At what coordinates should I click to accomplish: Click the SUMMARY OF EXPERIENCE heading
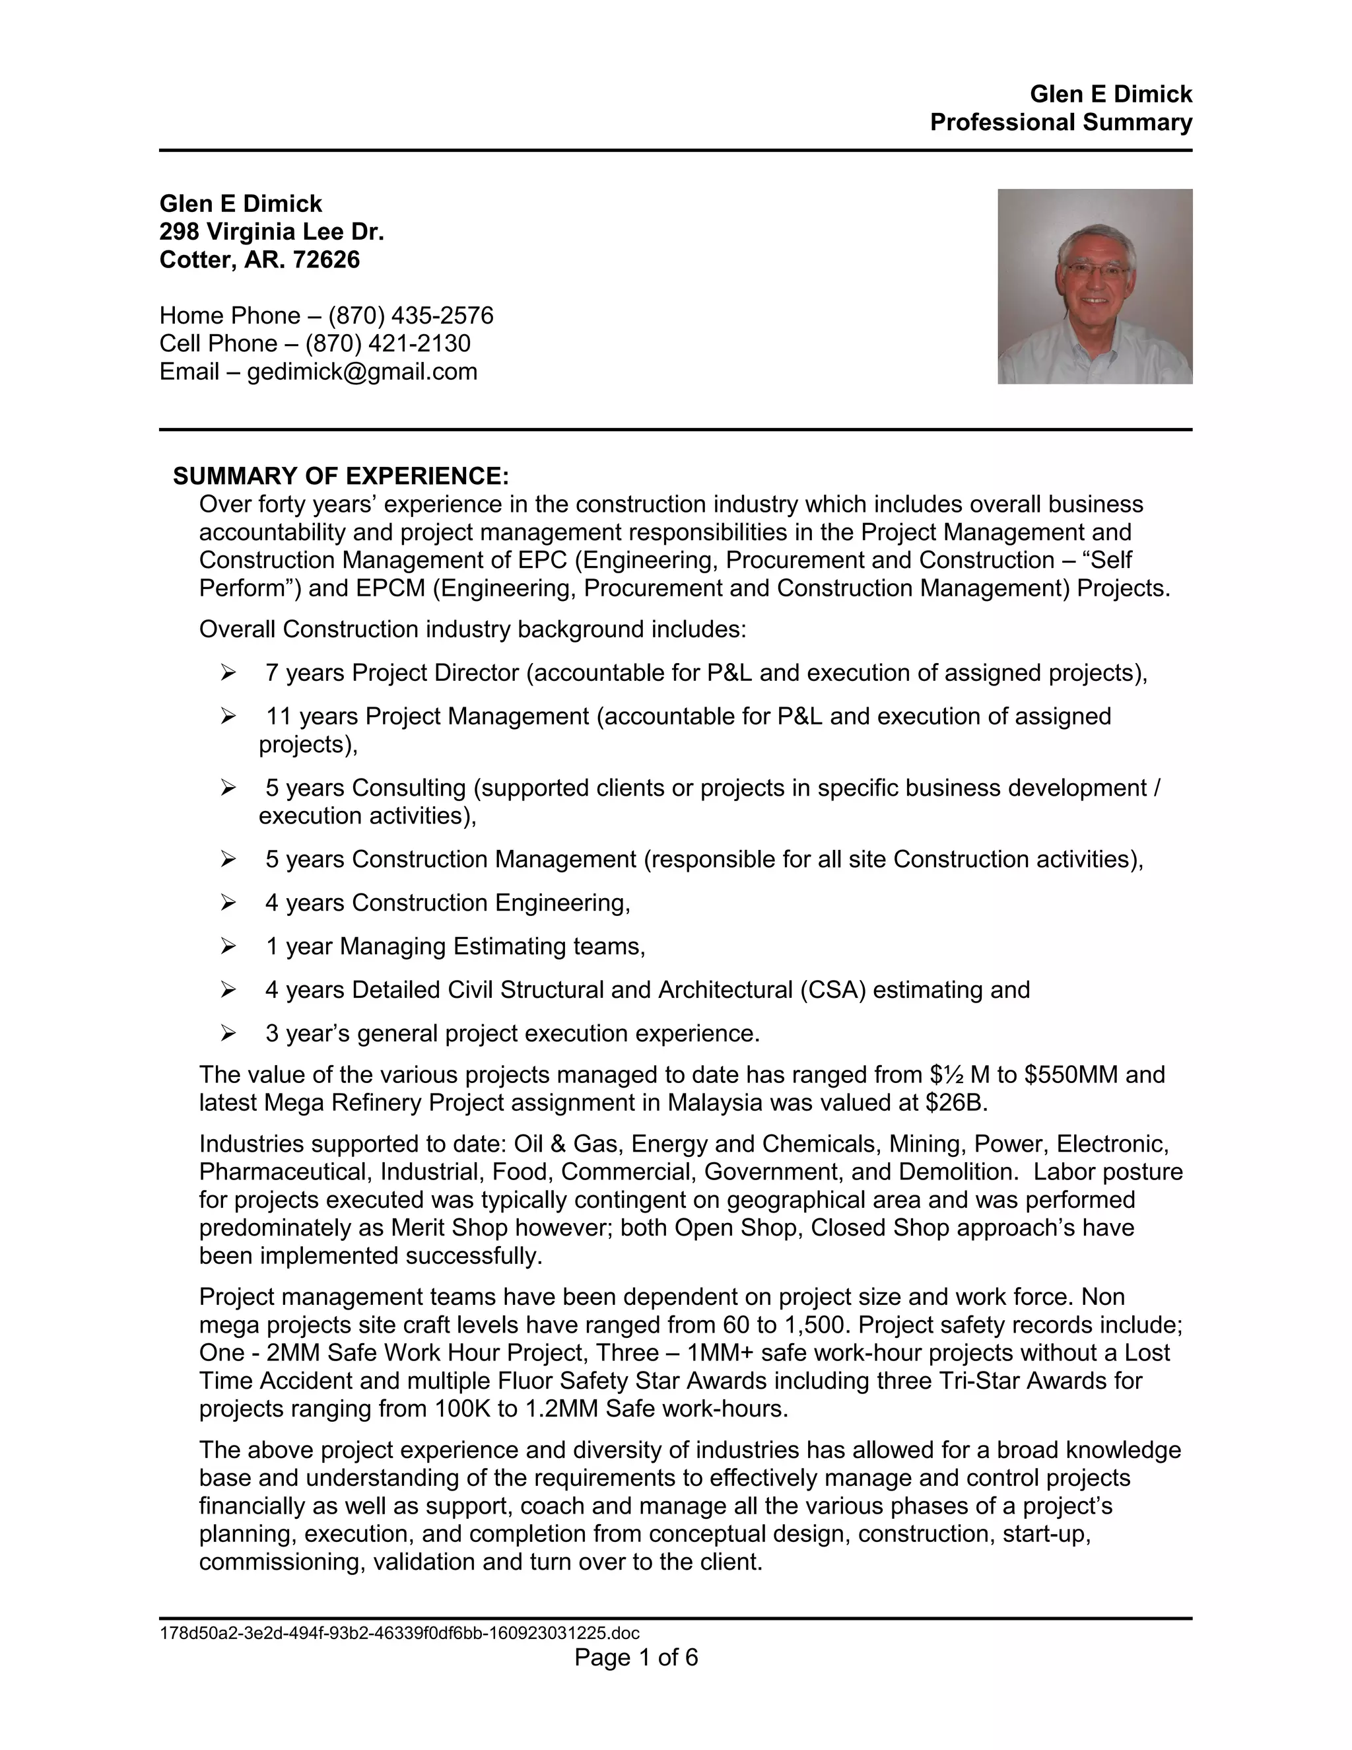click(341, 476)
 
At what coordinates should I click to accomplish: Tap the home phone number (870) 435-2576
click(411, 316)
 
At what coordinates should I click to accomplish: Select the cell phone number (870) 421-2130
click(388, 344)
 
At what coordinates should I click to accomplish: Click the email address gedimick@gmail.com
click(362, 372)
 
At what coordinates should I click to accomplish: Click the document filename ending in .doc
click(399, 1633)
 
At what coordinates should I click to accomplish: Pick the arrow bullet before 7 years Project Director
click(228, 673)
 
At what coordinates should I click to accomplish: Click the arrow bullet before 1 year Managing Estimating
click(228, 947)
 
